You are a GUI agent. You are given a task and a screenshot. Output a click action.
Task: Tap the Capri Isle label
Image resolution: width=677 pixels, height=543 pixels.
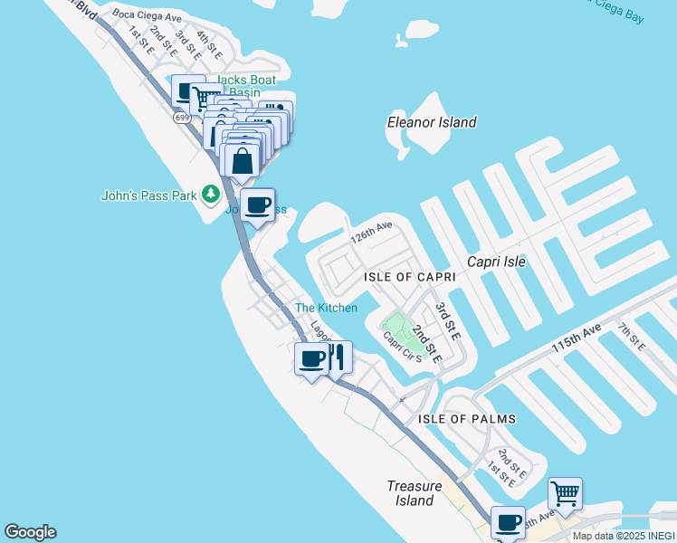coord(496,262)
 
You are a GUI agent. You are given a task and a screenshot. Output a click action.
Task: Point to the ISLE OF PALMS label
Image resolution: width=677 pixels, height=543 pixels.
coord(467,419)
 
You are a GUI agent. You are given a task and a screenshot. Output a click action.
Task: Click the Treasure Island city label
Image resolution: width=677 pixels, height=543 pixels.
coord(414,493)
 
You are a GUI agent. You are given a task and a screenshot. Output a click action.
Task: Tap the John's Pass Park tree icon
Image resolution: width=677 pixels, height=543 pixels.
coord(211,194)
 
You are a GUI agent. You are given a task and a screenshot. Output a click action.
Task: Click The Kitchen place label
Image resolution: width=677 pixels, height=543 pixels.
coord(326,309)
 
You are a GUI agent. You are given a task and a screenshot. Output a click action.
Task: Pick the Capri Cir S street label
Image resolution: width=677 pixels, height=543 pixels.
coord(403,346)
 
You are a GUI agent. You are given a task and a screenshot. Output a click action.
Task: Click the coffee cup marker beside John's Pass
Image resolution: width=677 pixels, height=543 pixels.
coord(258,205)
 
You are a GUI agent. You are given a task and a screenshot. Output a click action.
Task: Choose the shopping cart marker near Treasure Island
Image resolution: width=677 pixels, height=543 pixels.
coord(565,494)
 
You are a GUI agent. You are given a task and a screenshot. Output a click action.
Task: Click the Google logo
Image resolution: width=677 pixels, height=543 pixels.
coord(30,532)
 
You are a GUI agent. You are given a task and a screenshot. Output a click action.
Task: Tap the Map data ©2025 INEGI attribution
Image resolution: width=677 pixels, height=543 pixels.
coord(624,536)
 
